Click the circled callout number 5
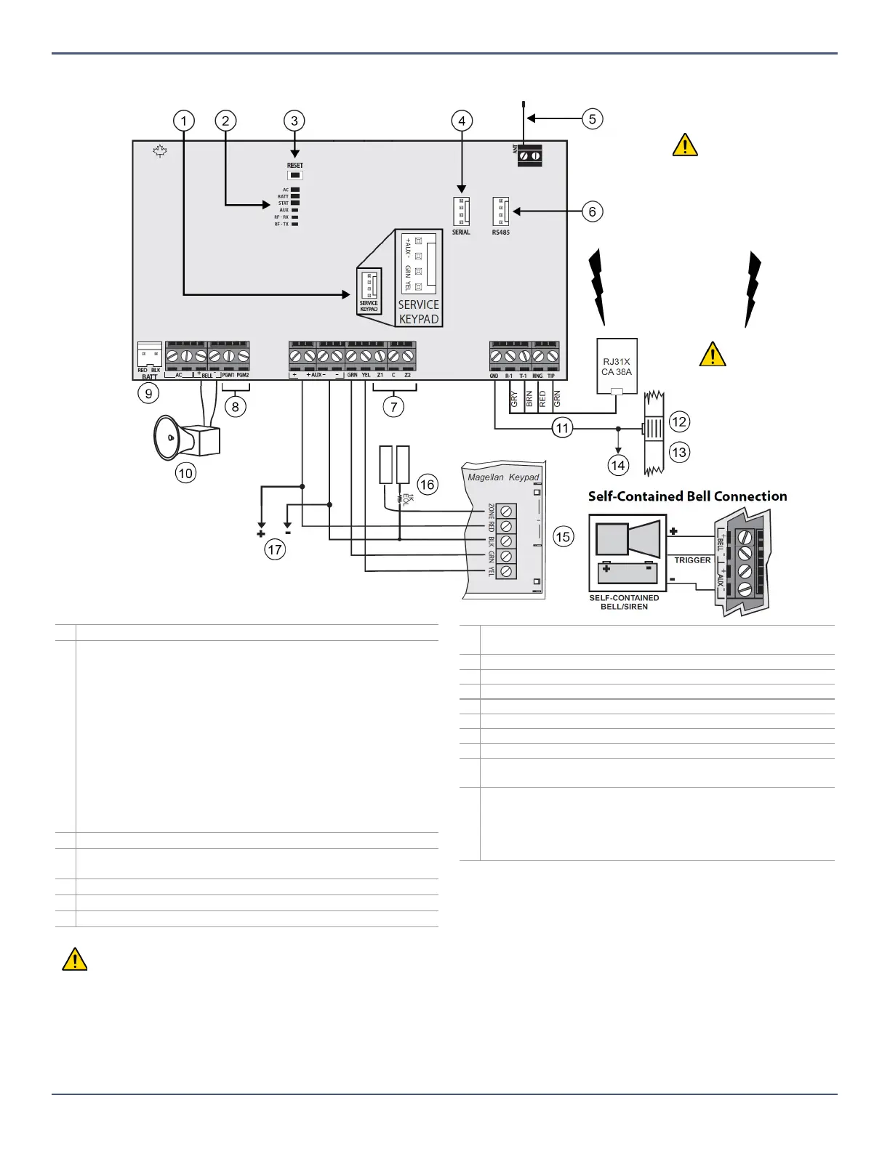(x=593, y=118)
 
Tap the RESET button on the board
(x=294, y=175)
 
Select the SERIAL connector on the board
(x=461, y=211)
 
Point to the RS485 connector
(x=500, y=211)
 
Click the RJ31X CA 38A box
(x=617, y=366)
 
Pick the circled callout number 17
(x=275, y=549)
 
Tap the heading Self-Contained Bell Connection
(x=687, y=496)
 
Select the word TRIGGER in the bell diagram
(x=692, y=560)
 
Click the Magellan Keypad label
(x=503, y=477)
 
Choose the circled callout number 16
(x=428, y=484)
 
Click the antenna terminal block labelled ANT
(x=529, y=155)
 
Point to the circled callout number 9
(x=148, y=393)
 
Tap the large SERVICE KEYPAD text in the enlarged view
(x=419, y=312)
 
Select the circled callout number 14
(x=618, y=465)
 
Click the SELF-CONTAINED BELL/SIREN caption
(x=624, y=602)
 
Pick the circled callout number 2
(x=225, y=121)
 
